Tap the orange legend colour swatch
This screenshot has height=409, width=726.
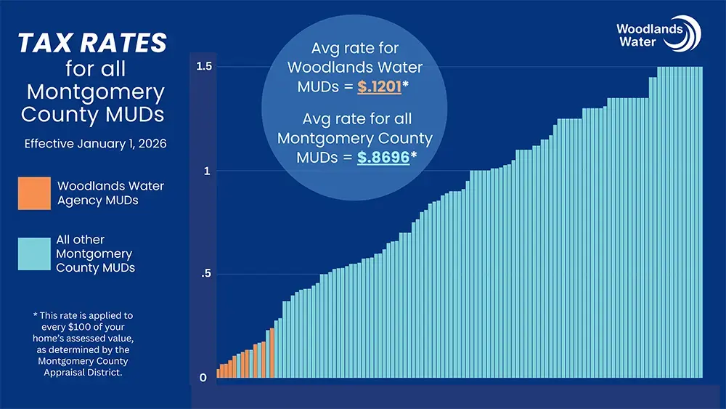point(35,193)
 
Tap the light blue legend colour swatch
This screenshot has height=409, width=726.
point(35,254)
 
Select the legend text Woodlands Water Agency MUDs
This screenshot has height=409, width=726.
point(110,193)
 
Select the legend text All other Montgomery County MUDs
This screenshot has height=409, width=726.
point(94,254)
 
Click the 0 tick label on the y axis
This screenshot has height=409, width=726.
point(203,378)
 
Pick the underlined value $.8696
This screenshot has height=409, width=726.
point(383,157)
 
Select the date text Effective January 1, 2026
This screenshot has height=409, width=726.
point(95,144)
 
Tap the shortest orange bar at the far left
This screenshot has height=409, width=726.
point(219,374)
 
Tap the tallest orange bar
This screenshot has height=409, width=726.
point(272,354)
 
